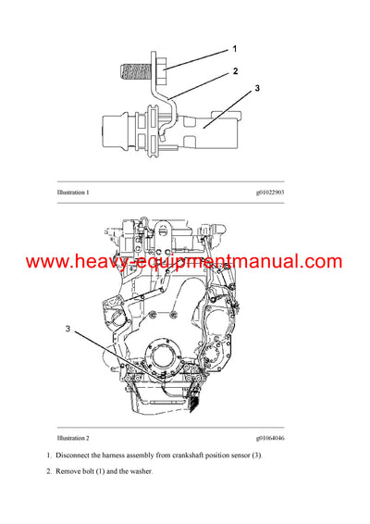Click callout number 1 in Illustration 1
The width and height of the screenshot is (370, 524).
[x=235, y=48]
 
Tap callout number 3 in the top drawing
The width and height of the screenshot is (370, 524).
[x=258, y=89]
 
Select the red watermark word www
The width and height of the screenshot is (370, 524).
[x=47, y=262]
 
